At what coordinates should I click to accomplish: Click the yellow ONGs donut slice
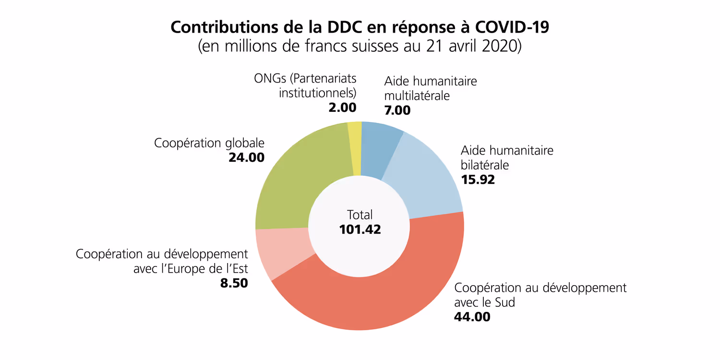(355, 149)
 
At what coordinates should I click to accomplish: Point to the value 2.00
(342, 108)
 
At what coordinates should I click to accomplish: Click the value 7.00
(397, 110)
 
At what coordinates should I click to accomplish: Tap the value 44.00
(472, 317)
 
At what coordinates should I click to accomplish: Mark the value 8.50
(234, 283)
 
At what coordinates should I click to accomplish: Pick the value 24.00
(246, 157)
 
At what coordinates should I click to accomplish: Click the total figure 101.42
(360, 229)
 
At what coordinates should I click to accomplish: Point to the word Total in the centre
(360, 215)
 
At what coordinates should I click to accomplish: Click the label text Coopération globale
(209, 143)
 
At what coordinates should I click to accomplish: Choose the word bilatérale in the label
(485, 165)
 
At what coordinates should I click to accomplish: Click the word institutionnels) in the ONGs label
(318, 93)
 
